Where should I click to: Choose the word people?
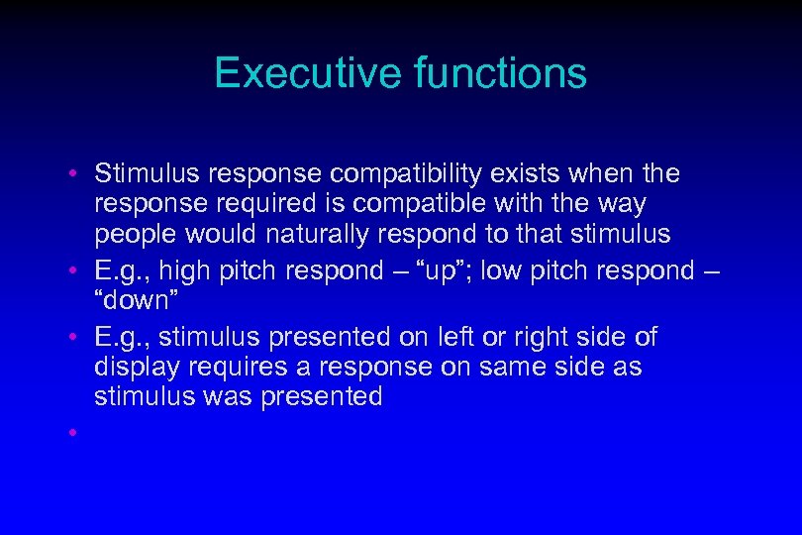pos(133,234)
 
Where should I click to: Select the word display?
pos(134,368)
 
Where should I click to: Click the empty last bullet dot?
pos(74,433)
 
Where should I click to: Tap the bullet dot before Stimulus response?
pos(74,175)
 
